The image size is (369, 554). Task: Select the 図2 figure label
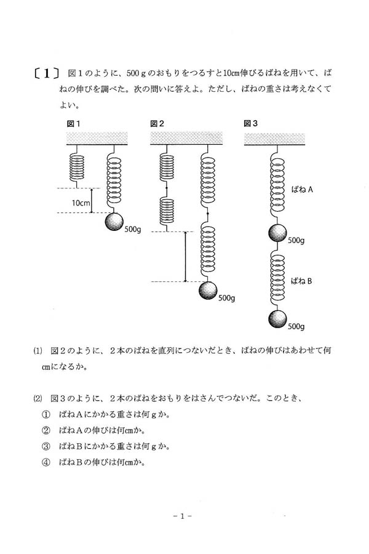pos(157,124)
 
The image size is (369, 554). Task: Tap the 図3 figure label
pos(251,124)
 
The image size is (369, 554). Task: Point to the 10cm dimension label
pos(80,202)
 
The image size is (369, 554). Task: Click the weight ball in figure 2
pos(208,291)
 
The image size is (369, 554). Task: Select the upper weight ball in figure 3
pos(277,234)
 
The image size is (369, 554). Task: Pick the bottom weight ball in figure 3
pos(277,320)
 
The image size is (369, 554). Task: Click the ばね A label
pos(303,191)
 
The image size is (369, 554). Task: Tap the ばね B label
pos(303,281)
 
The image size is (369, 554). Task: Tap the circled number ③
pos(45,446)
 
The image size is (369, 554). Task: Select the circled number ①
pos(45,414)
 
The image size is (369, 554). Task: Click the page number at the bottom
pos(183,515)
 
